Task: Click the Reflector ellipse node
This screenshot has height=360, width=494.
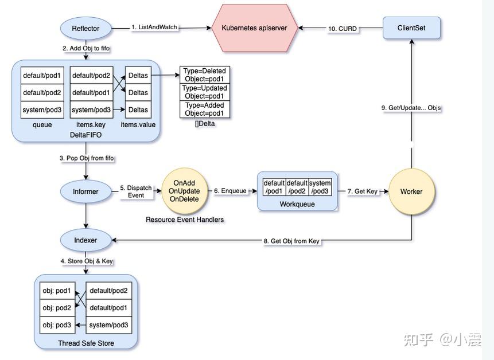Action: point(85,28)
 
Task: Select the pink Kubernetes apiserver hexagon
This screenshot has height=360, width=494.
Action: point(254,28)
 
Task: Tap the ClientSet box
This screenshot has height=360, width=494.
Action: point(411,28)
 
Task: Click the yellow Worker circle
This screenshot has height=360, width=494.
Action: point(411,191)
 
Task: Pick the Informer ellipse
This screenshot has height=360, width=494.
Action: point(85,191)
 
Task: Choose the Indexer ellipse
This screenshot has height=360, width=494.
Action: point(85,240)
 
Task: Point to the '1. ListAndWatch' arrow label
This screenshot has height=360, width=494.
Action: point(154,28)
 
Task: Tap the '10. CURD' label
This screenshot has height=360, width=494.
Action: point(343,29)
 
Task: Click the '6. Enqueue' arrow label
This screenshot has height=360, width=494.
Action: point(230,191)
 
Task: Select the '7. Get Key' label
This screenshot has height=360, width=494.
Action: point(363,191)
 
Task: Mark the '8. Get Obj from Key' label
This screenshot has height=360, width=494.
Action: point(291,241)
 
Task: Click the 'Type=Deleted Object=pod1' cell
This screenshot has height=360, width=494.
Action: point(205,75)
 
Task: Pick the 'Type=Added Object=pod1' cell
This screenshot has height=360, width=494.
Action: point(205,109)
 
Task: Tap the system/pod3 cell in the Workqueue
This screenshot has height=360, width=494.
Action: point(320,187)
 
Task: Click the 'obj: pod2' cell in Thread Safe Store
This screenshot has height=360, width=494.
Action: point(57,308)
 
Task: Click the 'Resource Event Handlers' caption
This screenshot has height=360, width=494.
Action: point(185,220)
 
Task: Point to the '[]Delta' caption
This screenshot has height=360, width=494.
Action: point(204,123)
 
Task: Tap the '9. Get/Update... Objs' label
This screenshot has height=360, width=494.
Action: point(411,108)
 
